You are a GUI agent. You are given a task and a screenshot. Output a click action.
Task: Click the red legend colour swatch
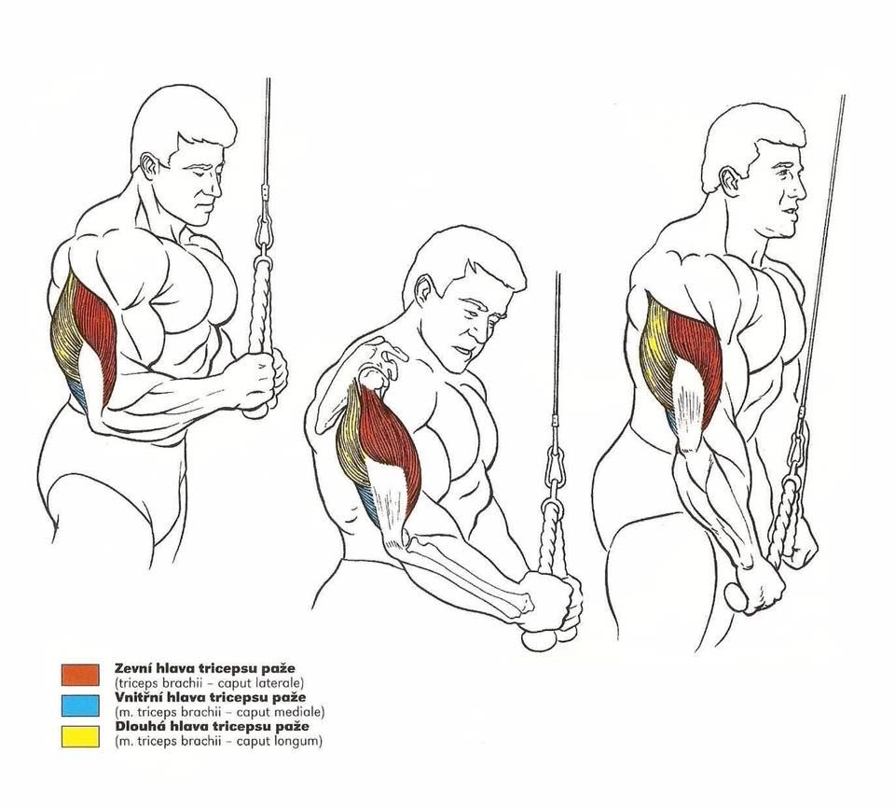click(80, 675)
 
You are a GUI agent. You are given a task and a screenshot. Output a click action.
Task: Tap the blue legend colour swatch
click(80, 705)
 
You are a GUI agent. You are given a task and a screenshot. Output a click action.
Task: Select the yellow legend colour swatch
click(80, 736)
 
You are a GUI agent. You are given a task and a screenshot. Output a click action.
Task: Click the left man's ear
click(149, 165)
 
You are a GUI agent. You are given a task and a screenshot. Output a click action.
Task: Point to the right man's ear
click(729, 181)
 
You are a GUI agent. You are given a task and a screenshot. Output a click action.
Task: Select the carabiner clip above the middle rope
click(555, 464)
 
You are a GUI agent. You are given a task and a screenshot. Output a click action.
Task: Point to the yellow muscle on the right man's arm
click(656, 355)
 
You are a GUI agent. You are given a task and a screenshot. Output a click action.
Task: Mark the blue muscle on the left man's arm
click(78, 393)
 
